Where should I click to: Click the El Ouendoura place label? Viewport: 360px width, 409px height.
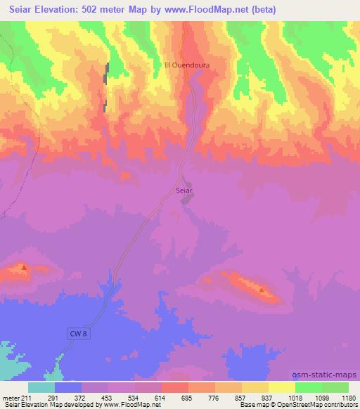pyautogui.click(x=187, y=65)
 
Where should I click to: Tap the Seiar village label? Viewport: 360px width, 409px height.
pyautogui.click(x=184, y=190)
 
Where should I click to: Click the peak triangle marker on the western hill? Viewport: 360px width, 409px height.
pyautogui.click(x=24, y=267)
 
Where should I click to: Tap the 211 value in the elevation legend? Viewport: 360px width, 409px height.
pyautogui.click(x=27, y=398)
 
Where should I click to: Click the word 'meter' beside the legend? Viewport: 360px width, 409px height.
pyautogui.click(x=10, y=398)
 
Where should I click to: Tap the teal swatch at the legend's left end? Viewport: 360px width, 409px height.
pyautogui.click(x=41, y=387)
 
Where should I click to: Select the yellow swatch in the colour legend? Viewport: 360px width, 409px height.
pyautogui.click(x=282, y=387)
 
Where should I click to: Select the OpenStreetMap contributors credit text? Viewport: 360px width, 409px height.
pyautogui.click(x=316, y=405)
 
